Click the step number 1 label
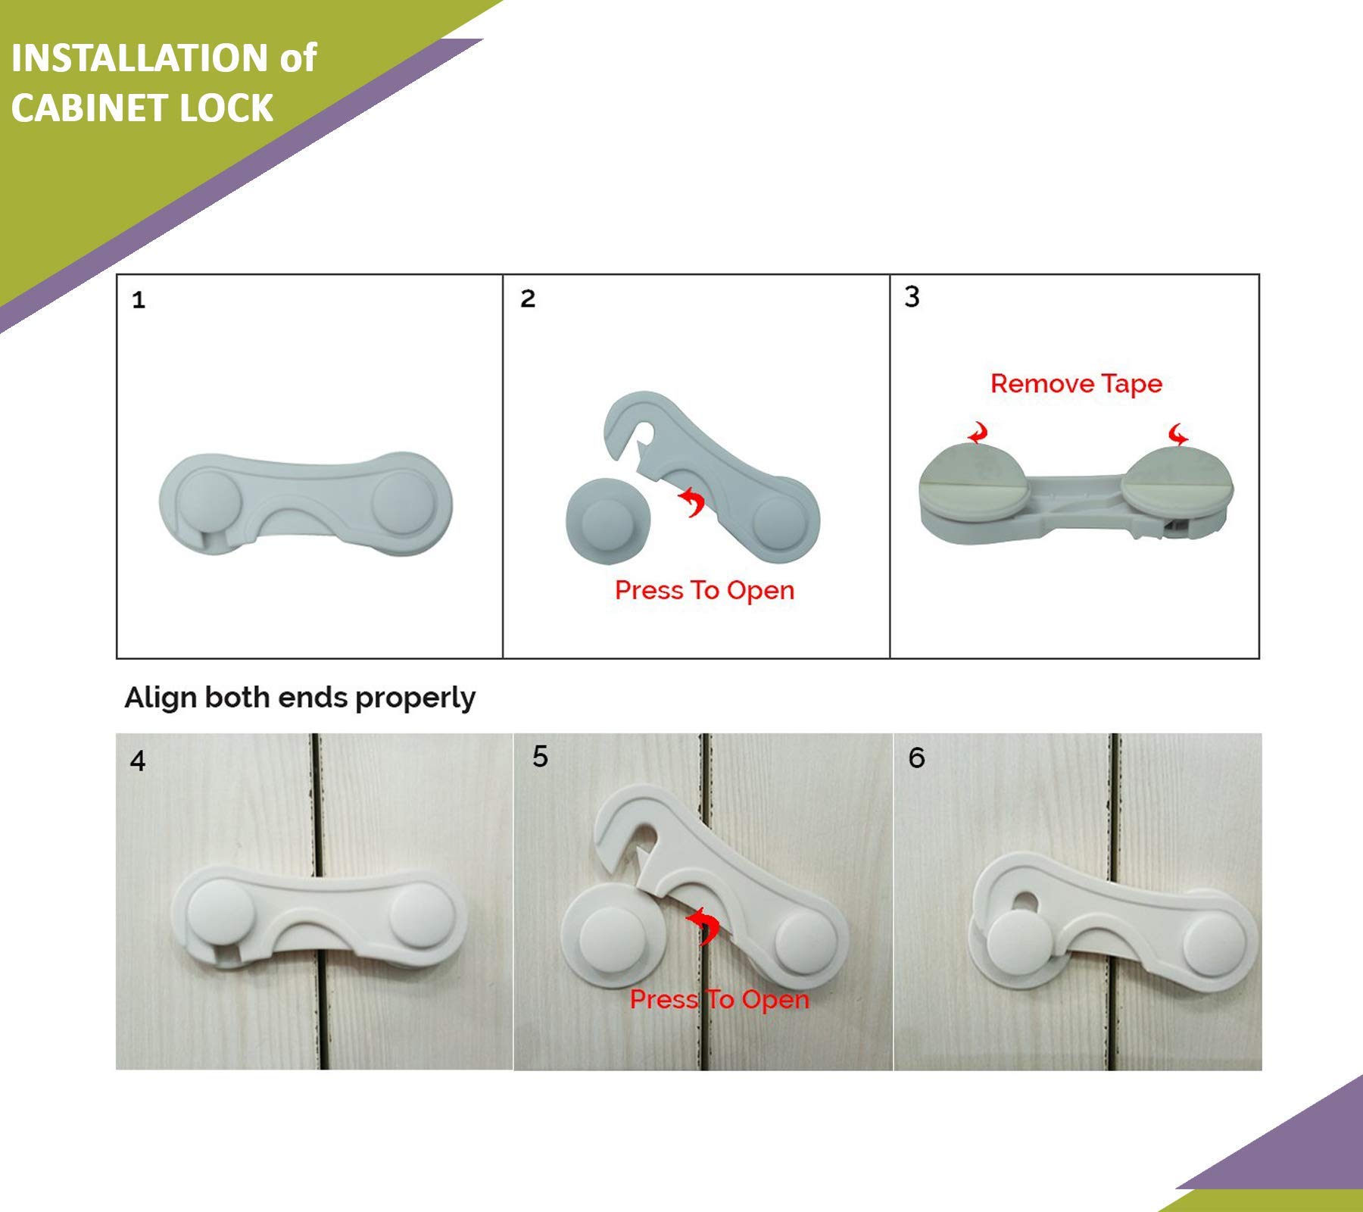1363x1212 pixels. pos(138,301)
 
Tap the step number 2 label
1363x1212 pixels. pos(528,298)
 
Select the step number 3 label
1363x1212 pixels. pos(912,296)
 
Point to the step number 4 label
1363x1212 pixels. pos(137,761)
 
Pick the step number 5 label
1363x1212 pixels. pos(540,756)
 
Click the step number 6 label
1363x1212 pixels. pos(916,757)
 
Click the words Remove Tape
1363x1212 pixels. pos(1076,384)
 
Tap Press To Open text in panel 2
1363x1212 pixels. pos(704,591)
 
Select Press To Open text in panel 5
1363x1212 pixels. pos(719,1000)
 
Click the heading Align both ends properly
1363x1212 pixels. pos(300,698)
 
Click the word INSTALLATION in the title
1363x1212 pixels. pos(139,58)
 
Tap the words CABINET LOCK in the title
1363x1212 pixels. pos(142,108)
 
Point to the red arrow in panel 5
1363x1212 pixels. pos(703,925)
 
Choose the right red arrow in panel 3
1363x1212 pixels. pos(1178,435)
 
